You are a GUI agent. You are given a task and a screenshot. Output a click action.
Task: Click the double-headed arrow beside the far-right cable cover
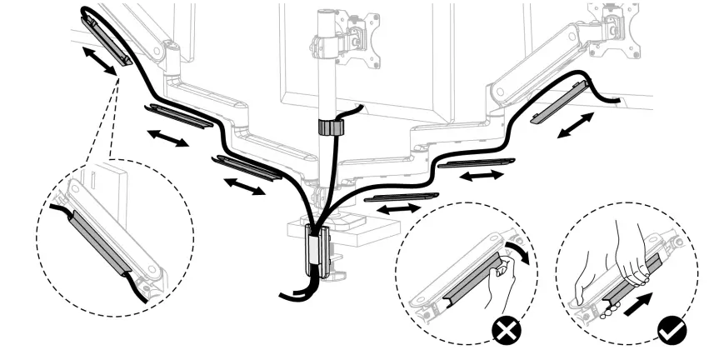pyautogui.click(x=576, y=126)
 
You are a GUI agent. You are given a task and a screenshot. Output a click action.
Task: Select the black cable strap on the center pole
pyautogui.click(x=332, y=127)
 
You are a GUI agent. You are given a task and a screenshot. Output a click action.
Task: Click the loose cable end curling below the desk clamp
pyautogui.click(x=292, y=296)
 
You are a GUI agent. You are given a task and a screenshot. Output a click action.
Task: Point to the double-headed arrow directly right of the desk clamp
pyautogui.click(x=399, y=208)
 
